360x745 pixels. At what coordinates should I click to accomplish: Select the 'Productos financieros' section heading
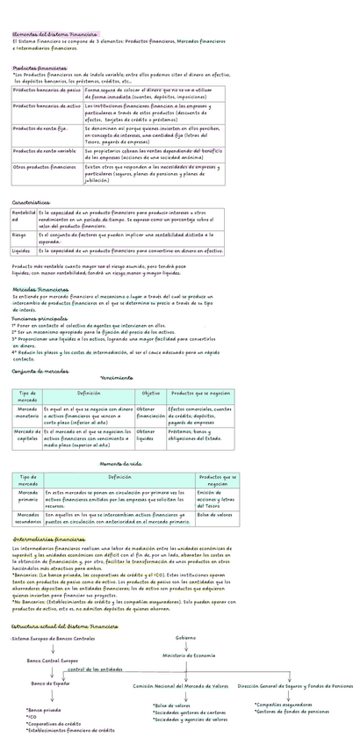tap(39, 68)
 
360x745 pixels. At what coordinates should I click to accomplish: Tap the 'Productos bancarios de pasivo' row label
tap(47, 90)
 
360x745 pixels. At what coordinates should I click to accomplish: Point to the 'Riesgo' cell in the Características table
tap(19, 235)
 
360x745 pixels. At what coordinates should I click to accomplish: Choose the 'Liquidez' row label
tap(21, 250)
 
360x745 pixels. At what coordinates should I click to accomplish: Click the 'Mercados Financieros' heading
tap(41, 289)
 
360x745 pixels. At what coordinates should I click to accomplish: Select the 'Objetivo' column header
tap(150, 393)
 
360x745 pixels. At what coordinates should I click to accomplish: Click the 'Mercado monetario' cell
tap(27, 414)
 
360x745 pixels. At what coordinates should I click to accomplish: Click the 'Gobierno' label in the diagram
tap(186, 636)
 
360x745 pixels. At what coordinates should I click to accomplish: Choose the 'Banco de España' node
tap(50, 683)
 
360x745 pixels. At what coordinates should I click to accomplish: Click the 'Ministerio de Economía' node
tap(188, 655)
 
